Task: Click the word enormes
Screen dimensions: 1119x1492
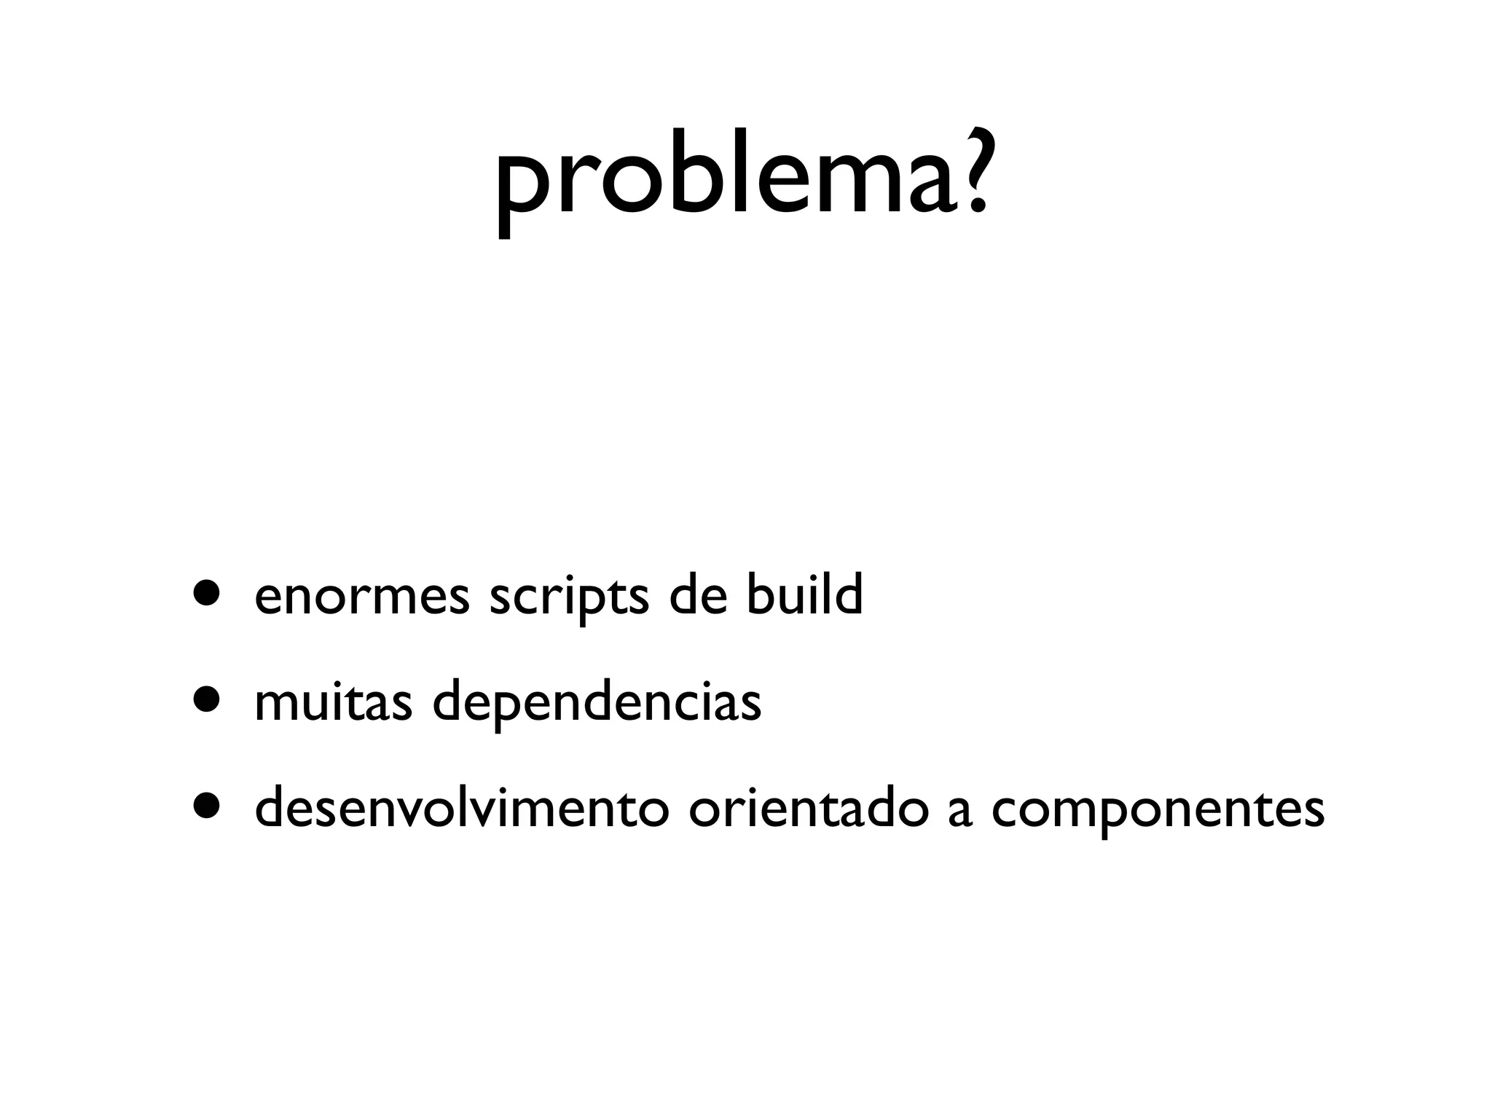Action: click(x=362, y=596)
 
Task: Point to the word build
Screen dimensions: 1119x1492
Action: click(x=804, y=593)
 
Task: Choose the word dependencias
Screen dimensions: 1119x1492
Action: click(x=597, y=704)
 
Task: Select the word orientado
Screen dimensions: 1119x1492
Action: click(x=808, y=809)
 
